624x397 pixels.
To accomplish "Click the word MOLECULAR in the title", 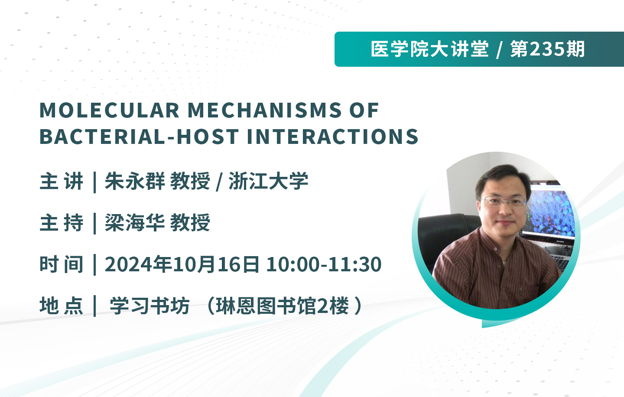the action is pyautogui.click(x=110, y=111).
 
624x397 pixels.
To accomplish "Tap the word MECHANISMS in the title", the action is pyautogui.click(x=265, y=111).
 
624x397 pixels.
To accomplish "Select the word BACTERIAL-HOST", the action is pyautogui.click(x=139, y=137).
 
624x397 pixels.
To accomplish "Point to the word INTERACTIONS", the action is pyautogui.click(x=333, y=137).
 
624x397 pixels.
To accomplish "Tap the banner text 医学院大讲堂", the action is pyautogui.click(x=429, y=49).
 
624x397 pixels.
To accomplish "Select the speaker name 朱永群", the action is pyautogui.click(x=134, y=181).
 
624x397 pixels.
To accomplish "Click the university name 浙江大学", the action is pyautogui.click(x=268, y=181).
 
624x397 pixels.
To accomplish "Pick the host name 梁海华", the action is pyautogui.click(x=134, y=223).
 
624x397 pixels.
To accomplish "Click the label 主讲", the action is pyautogui.click(x=62, y=181).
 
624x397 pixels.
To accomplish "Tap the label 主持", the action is pyautogui.click(x=62, y=223).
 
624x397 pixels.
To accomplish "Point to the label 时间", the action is pyautogui.click(x=62, y=264).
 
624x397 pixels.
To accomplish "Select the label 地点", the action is pyautogui.click(x=62, y=306).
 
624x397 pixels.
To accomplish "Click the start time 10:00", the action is pyautogui.click(x=293, y=264).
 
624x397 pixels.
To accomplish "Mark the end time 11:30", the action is pyautogui.click(x=354, y=264).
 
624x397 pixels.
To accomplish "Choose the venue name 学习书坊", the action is pyautogui.click(x=149, y=306).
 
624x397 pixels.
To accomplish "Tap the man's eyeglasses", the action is pyautogui.click(x=504, y=202).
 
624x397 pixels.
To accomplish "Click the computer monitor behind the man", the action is pyautogui.click(x=547, y=212).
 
